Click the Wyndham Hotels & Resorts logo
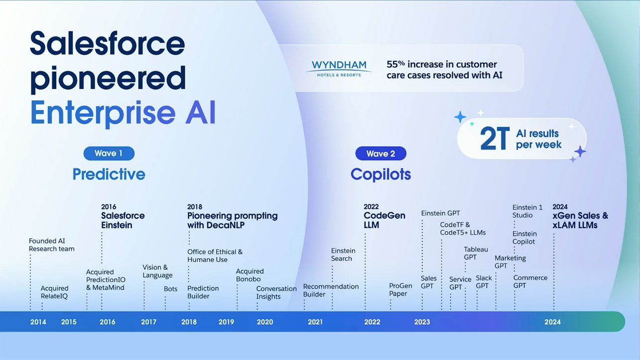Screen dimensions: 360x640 339,68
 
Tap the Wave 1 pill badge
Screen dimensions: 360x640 109,153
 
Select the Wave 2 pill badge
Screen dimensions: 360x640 381,154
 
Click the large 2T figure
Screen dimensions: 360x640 494,139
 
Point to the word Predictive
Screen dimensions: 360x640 109,174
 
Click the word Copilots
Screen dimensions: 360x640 381,174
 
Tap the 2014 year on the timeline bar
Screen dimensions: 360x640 38,322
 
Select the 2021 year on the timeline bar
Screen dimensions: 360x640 315,322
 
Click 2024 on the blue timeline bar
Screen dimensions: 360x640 552,322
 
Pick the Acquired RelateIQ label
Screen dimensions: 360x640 54,292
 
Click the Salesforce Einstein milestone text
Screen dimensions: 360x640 123,220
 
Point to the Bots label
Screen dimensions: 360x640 170,289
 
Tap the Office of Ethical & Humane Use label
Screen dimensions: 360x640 215,255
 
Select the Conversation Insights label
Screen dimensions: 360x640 276,293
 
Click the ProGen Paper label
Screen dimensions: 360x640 400,290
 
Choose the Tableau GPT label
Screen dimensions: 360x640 476,253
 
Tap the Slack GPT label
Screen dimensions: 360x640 484,282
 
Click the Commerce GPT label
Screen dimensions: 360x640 530,282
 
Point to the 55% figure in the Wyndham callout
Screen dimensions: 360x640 395,64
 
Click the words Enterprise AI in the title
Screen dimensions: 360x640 123,113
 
